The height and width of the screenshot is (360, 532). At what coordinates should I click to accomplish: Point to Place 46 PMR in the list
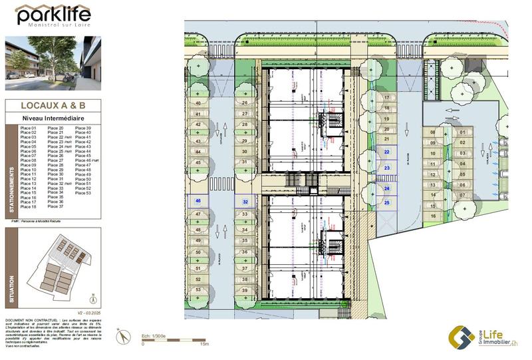point(86,160)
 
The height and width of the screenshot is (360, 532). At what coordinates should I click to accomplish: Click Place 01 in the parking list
point(29,128)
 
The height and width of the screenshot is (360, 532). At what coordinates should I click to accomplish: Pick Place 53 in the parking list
point(83,193)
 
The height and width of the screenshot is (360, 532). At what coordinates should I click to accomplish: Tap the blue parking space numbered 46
point(198,201)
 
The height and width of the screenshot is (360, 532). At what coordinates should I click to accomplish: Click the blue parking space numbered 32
point(245,202)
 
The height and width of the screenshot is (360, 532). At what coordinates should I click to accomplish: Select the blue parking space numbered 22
point(387,152)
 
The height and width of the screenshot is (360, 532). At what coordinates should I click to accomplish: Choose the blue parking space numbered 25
point(386,202)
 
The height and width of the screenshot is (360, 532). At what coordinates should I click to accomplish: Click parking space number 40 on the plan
point(198,103)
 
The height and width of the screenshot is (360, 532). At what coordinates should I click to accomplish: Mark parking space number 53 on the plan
point(198,290)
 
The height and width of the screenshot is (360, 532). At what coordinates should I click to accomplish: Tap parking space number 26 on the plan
point(245,103)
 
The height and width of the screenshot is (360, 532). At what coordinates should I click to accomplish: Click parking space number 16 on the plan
point(433,216)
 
